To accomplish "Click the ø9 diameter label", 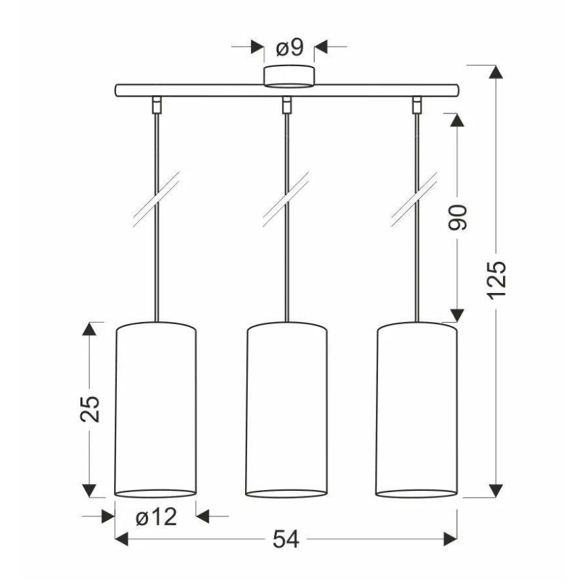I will pyautogui.click(x=290, y=47).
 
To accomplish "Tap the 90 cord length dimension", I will pyautogui.click(x=458, y=216).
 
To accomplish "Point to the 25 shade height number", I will pyautogui.click(x=90, y=408).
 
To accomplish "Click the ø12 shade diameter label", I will pyautogui.click(x=155, y=517).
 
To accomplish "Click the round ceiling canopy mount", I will pyautogui.click(x=288, y=76).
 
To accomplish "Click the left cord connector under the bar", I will pyautogui.click(x=157, y=104).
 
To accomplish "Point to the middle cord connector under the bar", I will pyautogui.click(x=286, y=104).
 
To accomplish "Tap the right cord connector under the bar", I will pyautogui.click(x=417, y=104).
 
